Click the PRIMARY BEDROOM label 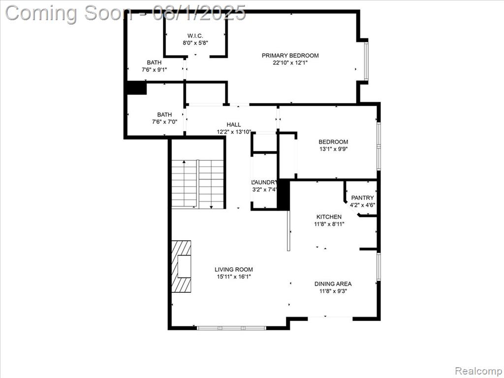(x=290, y=55)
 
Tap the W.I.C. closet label (x=195, y=35)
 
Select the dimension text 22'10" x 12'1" (x=290, y=63)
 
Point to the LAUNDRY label (x=264, y=182)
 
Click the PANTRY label (x=362, y=198)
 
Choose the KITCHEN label (x=329, y=217)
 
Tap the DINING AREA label (x=333, y=284)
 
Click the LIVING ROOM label (x=234, y=269)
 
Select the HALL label (x=234, y=125)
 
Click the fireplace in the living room (x=181, y=266)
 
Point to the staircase (x=197, y=184)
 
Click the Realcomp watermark (x=478, y=371)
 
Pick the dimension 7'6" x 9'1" (x=154, y=69)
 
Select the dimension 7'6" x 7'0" (x=164, y=122)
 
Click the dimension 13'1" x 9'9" (x=333, y=149)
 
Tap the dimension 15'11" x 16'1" (x=234, y=277)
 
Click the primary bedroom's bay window (x=366, y=61)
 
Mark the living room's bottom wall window (x=231, y=328)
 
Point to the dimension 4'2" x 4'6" (x=363, y=205)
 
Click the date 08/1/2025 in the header (x=199, y=13)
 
